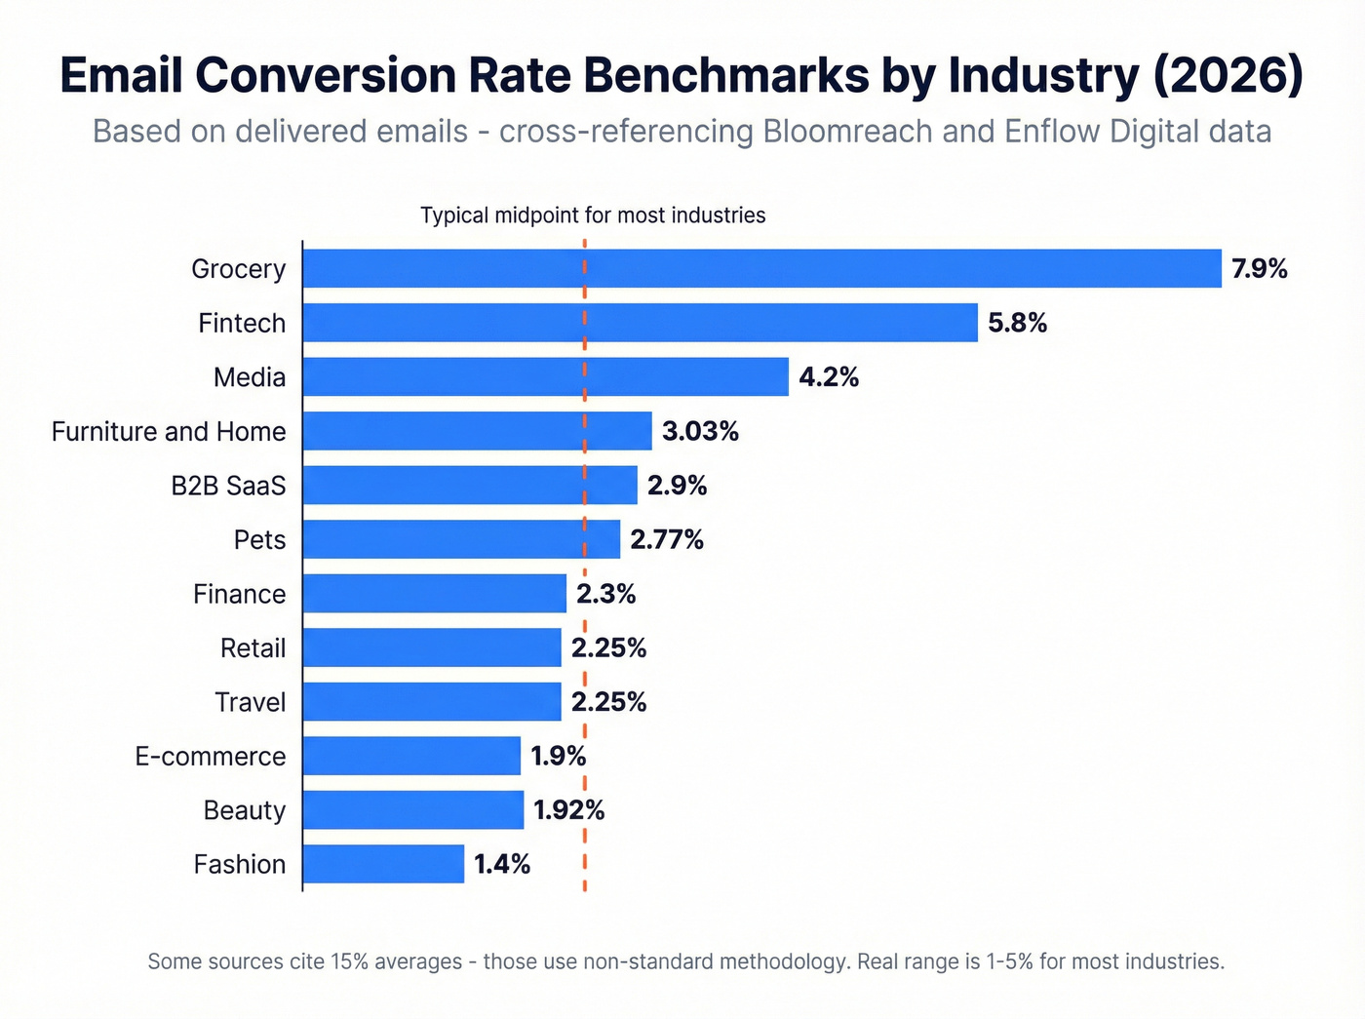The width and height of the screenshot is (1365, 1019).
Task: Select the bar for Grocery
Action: click(x=761, y=268)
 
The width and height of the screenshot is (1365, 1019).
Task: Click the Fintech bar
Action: click(x=640, y=323)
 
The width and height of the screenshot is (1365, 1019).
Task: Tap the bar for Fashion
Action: click(x=383, y=864)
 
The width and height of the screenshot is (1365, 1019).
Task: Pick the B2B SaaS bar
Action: click(x=470, y=485)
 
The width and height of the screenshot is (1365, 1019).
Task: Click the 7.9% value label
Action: click(x=1259, y=269)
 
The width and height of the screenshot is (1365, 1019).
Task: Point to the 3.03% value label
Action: click(x=700, y=431)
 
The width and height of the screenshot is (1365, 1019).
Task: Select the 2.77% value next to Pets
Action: click(x=667, y=539)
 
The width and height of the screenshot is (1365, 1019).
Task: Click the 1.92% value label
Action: click(x=568, y=810)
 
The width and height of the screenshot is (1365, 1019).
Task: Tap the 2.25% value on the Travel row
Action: click(x=608, y=702)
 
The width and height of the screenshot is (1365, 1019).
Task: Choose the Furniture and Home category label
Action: click(x=169, y=431)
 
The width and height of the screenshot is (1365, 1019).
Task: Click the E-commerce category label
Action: click(x=211, y=756)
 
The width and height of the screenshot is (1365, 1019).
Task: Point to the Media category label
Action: click(x=250, y=377)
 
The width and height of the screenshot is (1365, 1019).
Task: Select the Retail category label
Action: click(x=253, y=647)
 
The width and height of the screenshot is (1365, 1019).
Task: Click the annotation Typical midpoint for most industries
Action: click(x=593, y=216)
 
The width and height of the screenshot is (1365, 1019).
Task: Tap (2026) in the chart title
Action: click(x=1228, y=75)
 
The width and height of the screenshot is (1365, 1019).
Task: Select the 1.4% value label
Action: click(x=502, y=864)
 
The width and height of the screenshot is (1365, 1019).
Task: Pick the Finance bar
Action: click(x=434, y=593)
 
